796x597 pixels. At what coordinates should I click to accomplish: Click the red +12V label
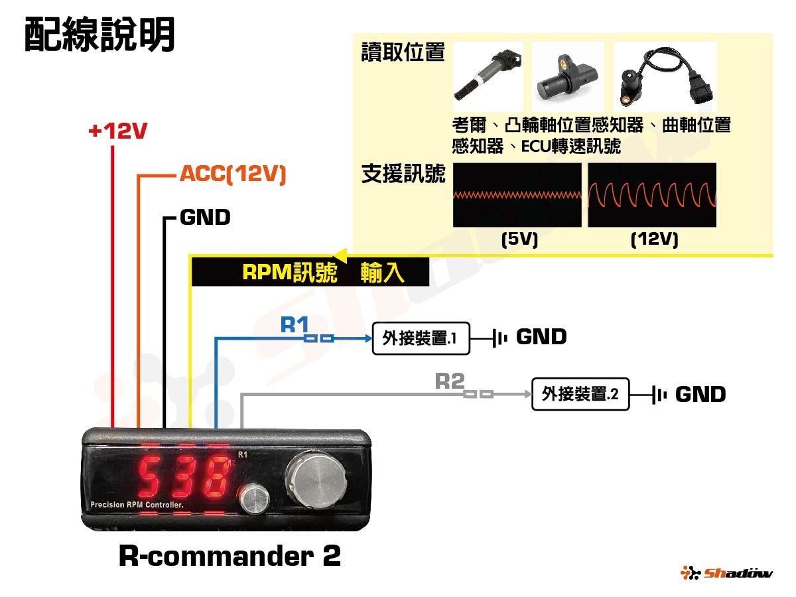click(117, 131)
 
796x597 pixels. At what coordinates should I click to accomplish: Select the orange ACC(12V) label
click(232, 175)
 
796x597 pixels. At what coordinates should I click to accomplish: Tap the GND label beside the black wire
click(204, 217)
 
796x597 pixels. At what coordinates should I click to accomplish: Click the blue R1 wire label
click(295, 324)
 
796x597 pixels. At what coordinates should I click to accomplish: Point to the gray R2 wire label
click(450, 381)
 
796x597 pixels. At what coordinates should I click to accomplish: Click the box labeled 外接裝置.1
click(421, 339)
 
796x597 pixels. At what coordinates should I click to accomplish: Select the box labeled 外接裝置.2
click(580, 395)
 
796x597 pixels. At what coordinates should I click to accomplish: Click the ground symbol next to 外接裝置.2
click(659, 395)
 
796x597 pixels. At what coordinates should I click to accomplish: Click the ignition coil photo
click(488, 76)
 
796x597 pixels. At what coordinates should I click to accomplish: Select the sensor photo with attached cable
click(665, 76)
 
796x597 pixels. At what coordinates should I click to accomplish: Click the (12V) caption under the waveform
click(654, 239)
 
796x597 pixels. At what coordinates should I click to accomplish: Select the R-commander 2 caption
click(230, 556)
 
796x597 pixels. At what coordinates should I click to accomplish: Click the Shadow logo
click(726, 572)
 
